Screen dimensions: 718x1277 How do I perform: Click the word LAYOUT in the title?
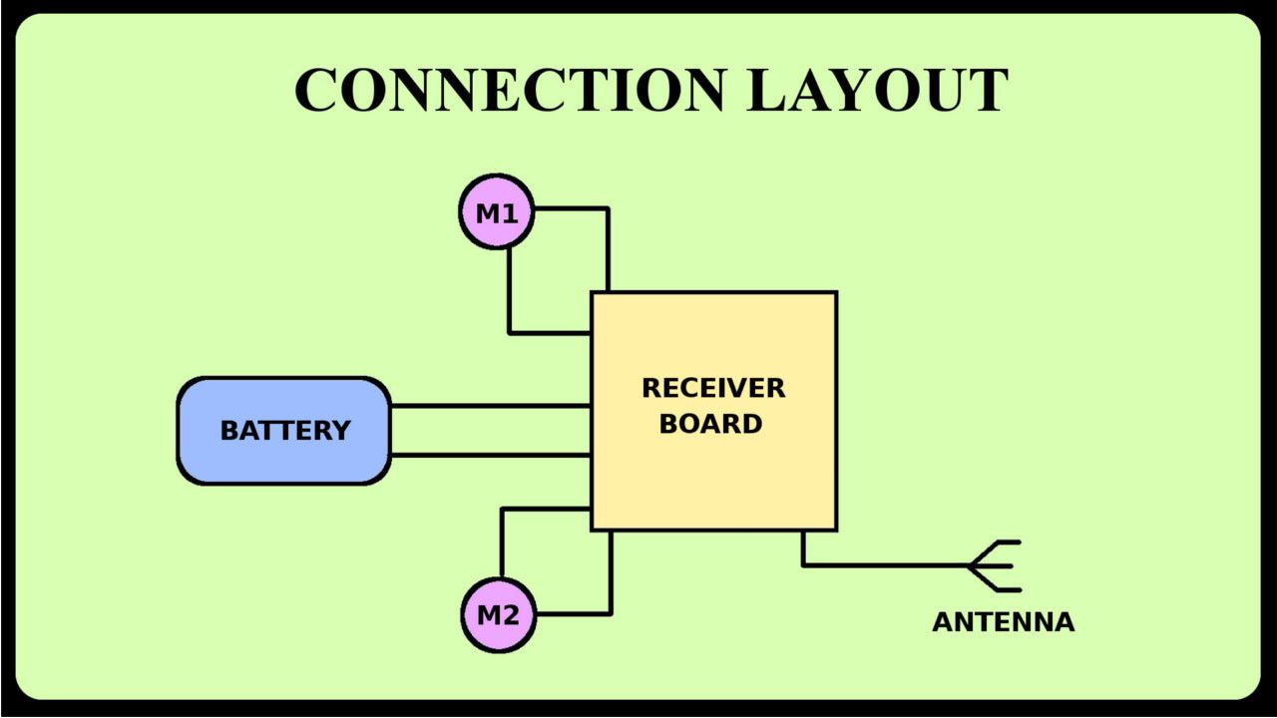coord(877,90)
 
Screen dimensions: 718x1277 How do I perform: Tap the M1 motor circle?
coord(497,211)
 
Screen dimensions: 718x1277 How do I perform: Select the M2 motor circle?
coord(498,615)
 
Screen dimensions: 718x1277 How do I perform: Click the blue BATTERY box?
coord(284,431)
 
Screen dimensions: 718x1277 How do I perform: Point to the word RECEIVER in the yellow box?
coord(713,388)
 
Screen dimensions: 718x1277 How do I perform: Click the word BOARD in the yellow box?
coord(711,423)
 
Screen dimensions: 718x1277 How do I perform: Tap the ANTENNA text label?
coord(1003,622)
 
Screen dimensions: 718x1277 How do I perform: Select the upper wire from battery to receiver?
coord(489,406)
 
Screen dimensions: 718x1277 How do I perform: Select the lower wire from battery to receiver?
coord(489,455)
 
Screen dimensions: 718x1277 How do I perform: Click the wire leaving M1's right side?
coord(571,208)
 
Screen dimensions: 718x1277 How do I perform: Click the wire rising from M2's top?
coord(502,543)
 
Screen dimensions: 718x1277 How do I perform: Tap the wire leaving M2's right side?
coord(574,613)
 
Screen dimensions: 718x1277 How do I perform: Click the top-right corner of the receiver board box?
coord(835,293)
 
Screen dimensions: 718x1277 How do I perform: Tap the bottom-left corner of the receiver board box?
coord(593,529)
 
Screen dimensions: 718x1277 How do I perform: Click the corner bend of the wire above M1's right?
coord(607,209)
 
